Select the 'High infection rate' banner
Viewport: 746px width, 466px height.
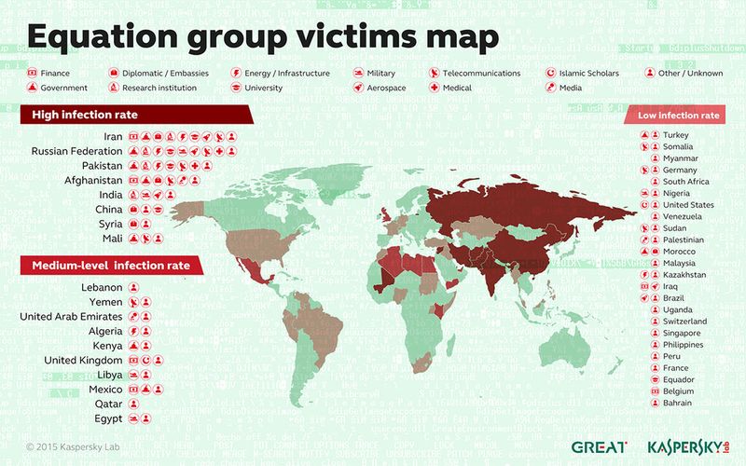point(86,115)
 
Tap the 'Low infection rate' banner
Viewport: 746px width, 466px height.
point(678,116)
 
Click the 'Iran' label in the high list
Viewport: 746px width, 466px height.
point(114,137)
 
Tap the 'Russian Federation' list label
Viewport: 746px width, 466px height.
point(77,151)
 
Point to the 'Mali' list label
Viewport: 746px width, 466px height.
point(112,239)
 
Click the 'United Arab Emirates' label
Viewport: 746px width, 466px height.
point(71,317)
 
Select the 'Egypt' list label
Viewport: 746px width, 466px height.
point(109,418)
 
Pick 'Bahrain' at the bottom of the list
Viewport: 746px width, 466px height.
point(678,403)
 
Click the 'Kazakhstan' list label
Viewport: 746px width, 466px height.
point(684,275)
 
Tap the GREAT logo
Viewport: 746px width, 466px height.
point(599,446)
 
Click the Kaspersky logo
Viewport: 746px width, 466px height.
point(687,446)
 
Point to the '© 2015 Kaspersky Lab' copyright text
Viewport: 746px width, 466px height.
point(74,446)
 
